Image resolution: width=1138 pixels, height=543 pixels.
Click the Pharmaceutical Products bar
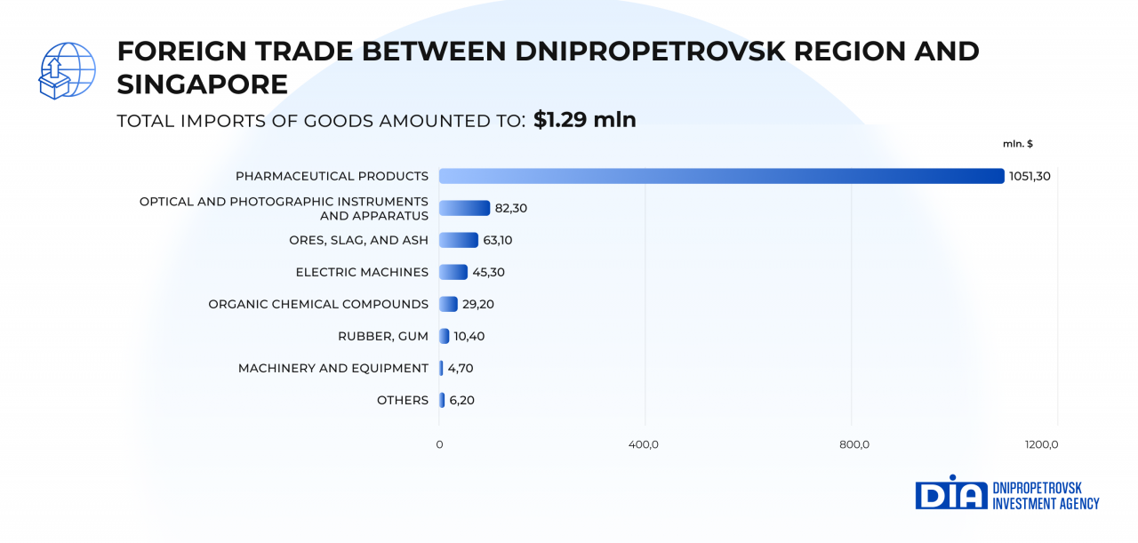(721, 176)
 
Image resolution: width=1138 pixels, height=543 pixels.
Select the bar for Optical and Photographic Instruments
(464, 208)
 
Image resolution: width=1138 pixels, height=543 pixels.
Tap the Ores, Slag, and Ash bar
(459, 240)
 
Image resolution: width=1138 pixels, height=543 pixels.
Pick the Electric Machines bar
(453, 272)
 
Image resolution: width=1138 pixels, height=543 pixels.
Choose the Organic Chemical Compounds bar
(448, 304)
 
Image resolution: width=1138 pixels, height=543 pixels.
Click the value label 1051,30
(1030, 176)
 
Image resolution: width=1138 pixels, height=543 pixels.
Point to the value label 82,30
(512, 208)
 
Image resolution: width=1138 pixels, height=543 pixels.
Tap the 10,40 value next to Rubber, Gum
(469, 336)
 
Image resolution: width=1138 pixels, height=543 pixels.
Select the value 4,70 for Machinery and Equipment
(461, 368)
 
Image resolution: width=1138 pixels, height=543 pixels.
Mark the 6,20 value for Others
(461, 400)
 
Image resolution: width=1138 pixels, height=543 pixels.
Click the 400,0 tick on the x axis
(644, 444)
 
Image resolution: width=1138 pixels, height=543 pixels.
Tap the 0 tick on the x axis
(439, 444)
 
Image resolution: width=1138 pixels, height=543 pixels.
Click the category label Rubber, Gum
(382, 336)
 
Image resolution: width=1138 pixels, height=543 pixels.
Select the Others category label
(402, 400)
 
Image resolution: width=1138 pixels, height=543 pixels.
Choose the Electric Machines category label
(362, 272)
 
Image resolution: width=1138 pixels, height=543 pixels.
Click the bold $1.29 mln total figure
(585, 120)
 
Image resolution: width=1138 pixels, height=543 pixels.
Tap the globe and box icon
(67, 70)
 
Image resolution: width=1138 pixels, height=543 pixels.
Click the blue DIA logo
(950, 493)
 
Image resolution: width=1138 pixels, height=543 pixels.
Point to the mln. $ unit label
(1017, 144)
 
